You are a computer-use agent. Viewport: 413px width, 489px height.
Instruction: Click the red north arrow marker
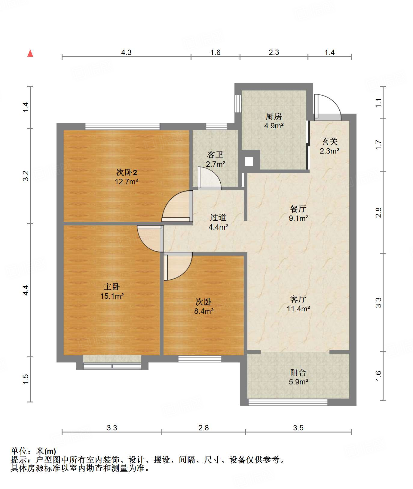point(30,53)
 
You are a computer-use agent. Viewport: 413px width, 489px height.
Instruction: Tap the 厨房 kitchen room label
point(274,116)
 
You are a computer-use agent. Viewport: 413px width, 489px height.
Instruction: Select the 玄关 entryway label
point(330,141)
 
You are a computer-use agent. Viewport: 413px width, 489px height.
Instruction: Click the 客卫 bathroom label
point(215,154)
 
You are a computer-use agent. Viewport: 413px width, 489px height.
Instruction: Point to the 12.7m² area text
point(127,182)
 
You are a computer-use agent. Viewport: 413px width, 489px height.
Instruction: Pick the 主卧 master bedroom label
point(112,287)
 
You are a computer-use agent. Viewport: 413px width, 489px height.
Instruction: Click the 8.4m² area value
point(204,311)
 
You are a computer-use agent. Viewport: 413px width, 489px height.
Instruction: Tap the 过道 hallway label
point(218,217)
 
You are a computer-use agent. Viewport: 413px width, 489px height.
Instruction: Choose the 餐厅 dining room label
point(298,209)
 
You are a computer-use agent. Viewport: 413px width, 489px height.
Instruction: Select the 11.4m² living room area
point(298,308)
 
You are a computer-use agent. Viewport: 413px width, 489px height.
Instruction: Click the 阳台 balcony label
point(298,373)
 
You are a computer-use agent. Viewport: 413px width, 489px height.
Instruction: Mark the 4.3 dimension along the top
point(126,53)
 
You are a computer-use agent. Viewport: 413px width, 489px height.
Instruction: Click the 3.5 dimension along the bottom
point(298,427)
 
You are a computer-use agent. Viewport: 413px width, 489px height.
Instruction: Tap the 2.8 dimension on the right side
point(378,212)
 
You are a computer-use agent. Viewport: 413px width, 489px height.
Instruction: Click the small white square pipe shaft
point(249,162)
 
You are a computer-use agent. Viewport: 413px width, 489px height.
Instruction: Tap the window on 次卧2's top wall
point(122,126)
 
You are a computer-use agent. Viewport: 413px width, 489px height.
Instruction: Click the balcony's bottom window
point(288,402)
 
